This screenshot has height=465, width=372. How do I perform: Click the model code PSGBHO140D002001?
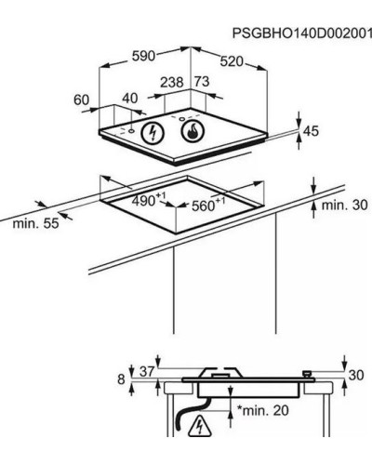coord(302,33)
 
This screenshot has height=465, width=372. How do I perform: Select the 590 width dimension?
coord(143,56)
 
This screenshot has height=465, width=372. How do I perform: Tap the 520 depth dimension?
coord(232,61)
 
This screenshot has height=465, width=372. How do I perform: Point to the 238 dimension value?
coord(172,82)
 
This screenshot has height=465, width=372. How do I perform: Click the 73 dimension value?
coord(202,82)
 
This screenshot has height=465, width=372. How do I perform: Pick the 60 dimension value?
coord(82,100)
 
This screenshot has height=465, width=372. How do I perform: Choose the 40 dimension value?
coord(130,99)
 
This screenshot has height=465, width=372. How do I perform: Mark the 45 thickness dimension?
coord(311,131)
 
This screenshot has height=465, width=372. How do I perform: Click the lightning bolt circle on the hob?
coord(153,133)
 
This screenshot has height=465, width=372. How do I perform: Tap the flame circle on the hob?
coord(193,131)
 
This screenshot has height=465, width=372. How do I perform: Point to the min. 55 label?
coord(35,223)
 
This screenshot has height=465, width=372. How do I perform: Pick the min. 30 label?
coord(345,205)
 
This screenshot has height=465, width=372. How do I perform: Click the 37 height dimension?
coord(147,372)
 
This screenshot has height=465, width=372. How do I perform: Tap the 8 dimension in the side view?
coord(121,379)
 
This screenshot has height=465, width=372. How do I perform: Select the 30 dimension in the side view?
coord(356,375)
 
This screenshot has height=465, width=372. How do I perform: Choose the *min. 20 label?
coord(263,410)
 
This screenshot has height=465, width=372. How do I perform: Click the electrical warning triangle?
coord(200,426)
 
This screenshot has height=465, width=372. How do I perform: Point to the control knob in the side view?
coord(308,374)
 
